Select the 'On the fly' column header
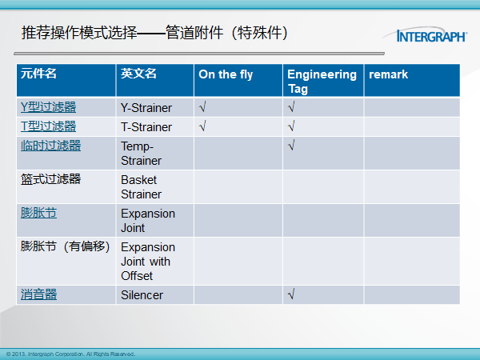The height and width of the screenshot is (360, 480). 226,74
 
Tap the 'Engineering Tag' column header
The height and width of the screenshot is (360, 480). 322,82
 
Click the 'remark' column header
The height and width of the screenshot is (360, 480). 388,74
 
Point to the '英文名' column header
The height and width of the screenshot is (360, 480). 138,74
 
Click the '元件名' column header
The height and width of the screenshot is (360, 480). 38,74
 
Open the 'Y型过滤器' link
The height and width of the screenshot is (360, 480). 48,107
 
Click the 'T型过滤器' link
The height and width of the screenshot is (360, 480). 48,126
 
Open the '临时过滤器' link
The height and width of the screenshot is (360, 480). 51,146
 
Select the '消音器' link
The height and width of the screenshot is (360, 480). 38,294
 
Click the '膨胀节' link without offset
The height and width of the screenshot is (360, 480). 38,213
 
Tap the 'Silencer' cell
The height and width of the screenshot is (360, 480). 142,295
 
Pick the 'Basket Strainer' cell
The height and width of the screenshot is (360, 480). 141,187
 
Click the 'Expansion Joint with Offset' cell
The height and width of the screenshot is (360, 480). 148,262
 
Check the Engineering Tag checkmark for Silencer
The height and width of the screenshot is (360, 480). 291,294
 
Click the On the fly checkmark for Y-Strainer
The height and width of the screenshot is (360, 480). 202,107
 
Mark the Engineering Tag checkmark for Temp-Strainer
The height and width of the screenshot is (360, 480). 291,145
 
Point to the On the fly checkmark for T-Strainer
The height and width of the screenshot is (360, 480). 202,126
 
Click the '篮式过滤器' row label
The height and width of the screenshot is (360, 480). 51,179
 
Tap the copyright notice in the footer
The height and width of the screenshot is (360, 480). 70,354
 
